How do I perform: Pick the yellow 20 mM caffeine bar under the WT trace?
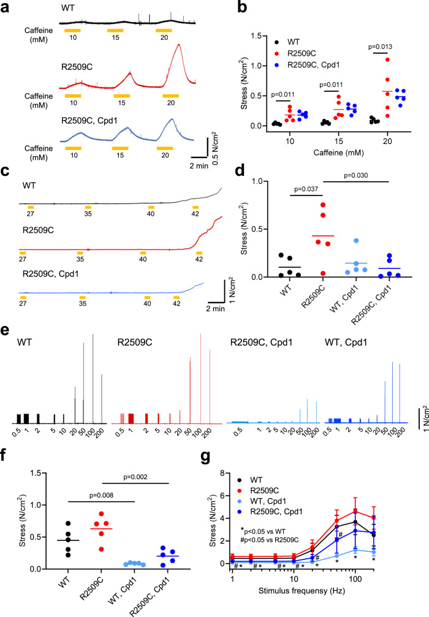tap(164, 30)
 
